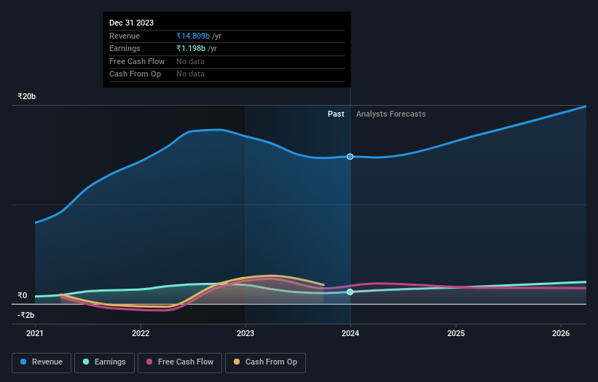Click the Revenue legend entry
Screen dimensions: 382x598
coord(42,362)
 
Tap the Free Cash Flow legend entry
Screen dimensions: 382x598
coord(179,362)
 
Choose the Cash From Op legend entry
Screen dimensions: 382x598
coord(265,362)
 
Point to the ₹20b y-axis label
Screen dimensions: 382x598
coord(27,96)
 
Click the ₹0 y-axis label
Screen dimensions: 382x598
coord(22,295)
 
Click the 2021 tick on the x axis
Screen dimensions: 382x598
coord(35,334)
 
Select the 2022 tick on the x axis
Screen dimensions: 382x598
coord(141,334)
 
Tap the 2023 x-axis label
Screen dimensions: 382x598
coord(245,334)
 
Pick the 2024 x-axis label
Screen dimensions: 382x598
coord(351,334)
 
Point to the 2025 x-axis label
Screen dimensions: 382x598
coord(456,334)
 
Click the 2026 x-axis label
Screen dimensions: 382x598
coord(562,334)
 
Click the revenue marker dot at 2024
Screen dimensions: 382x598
coord(350,157)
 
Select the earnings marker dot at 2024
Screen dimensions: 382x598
coord(350,292)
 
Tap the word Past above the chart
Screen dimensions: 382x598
coord(336,114)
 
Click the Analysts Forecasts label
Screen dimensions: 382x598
coord(390,114)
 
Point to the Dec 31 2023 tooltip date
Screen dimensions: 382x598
coord(131,23)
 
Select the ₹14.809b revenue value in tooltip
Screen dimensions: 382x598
coord(192,36)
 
